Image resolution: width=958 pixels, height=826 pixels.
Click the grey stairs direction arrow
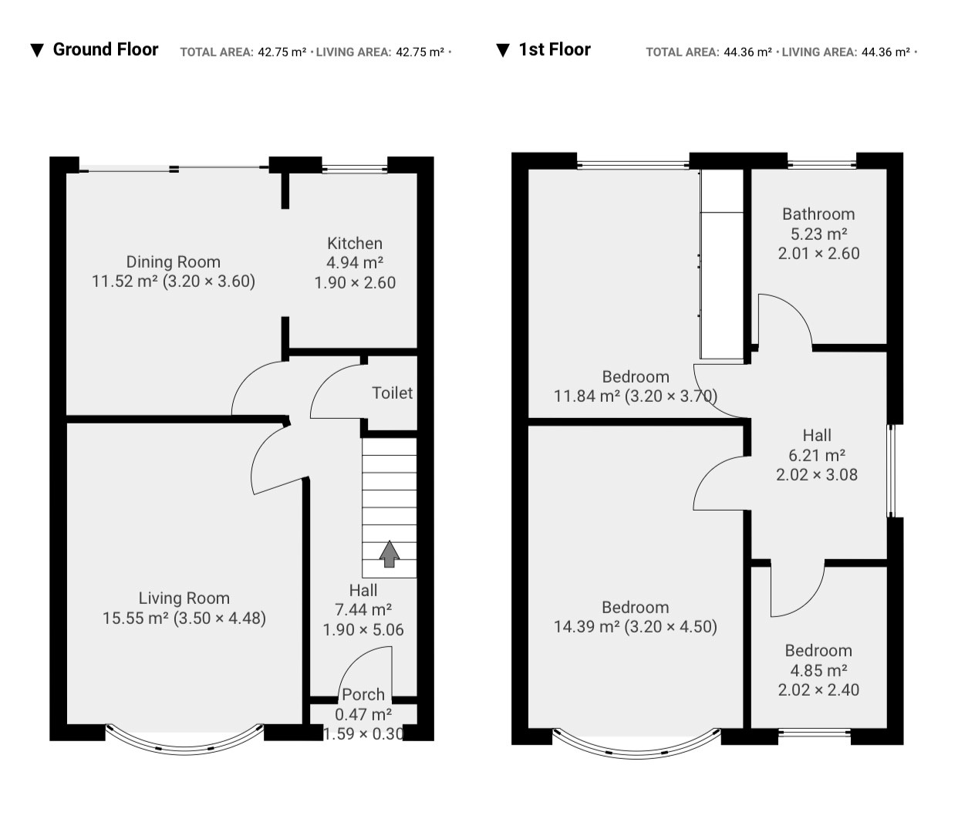pyautogui.click(x=390, y=554)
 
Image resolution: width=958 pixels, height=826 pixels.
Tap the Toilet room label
pyautogui.click(x=392, y=393)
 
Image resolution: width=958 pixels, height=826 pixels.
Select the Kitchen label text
pyautogui.click(x=355, y=244)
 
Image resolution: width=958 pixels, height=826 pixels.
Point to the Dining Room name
pyautogui.click(x=174, y=262)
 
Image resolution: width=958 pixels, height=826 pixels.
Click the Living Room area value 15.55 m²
pyautogui.click(x=135, y=619)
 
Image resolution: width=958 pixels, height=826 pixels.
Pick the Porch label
pyautogui.click(x=363, y=694)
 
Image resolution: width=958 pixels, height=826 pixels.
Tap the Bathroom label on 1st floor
pyautogui.click(x=818, y=214)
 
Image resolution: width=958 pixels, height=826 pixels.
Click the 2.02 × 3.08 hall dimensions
pyautogui.click(x=817, y=474)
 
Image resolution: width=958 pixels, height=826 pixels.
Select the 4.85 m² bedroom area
pyautogui.click(x=818, y=670)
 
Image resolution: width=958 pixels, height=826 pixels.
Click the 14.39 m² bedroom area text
pyautogui.click(x=587, y=627)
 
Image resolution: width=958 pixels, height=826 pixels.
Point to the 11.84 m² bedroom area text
pyautogui.click(x=587, y=396)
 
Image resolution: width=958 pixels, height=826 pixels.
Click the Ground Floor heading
pyautogui.click(x=106, y=49)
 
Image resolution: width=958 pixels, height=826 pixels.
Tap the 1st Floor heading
pyautogui.click(x=555, y=49)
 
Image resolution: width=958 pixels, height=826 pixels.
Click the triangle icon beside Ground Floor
pyautogui.click(x=37, y=50)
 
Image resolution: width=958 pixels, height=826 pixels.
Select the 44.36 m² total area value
pyautogui.click(x=747, y=52)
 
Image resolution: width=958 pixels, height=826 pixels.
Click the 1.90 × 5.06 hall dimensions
pyautogui.click(x=363, y=630)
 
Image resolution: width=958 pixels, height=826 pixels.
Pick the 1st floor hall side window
pyautogui.click(x=891, y=470)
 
